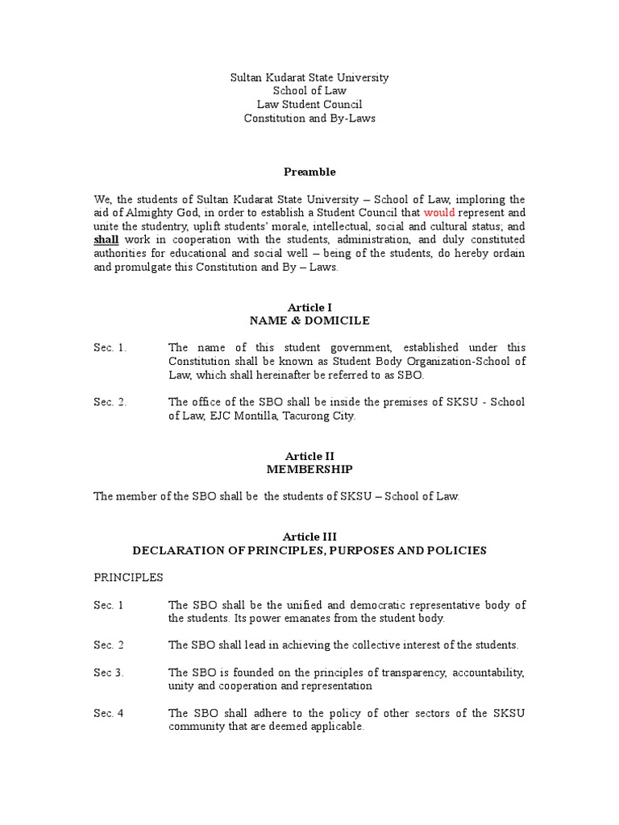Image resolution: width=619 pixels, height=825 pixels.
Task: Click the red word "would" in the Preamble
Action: click(439, 213)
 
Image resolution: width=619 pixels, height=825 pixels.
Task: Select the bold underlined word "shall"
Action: click(106, 239)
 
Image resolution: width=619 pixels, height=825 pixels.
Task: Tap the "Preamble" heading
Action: click(309, 172)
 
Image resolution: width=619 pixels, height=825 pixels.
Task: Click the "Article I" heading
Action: click(309, 307)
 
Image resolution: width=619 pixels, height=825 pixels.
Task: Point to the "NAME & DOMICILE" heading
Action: click(309, 321)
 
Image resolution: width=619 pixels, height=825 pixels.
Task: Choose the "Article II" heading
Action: click(309, 455)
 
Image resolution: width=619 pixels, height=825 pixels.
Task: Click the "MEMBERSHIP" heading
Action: click(309, 469)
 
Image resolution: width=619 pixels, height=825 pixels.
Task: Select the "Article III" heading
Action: click(309, 537)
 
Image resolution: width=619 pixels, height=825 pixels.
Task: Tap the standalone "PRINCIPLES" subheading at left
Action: click(128, 578)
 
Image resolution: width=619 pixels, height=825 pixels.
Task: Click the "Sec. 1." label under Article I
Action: click(110, 348)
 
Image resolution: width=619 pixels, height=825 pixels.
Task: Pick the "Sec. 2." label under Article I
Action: click(110, 402)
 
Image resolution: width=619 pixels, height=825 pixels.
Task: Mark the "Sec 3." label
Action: click(109, 672)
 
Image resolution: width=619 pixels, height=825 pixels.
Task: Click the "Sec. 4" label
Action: click(109, 713)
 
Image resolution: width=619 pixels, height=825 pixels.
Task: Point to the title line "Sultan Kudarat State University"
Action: click(309, 77)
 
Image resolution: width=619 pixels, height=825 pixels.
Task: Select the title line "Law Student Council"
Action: click(309, 105)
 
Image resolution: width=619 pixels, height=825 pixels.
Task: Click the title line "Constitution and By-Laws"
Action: click(309, 118)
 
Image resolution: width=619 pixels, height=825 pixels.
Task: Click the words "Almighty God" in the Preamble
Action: click(168, 213)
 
